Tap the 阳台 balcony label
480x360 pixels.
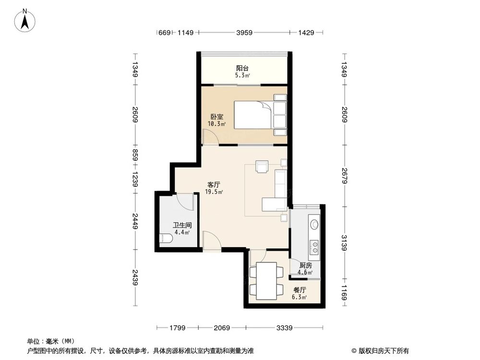click(242, 68)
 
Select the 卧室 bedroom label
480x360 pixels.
click(216, 117)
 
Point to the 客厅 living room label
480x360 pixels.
click(214, 184)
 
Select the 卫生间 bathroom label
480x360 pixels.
click(182, 225)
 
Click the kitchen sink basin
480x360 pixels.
click(315, 224)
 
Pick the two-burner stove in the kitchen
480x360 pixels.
click(315, 247)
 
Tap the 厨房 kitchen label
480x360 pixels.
click(305, 265)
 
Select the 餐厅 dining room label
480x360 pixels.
click(300, 290)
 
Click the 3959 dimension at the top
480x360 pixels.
click(245, 33)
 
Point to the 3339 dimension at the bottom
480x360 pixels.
click(285, 328)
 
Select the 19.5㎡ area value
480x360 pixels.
click(214, 192)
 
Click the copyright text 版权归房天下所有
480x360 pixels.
click(382, 350)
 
